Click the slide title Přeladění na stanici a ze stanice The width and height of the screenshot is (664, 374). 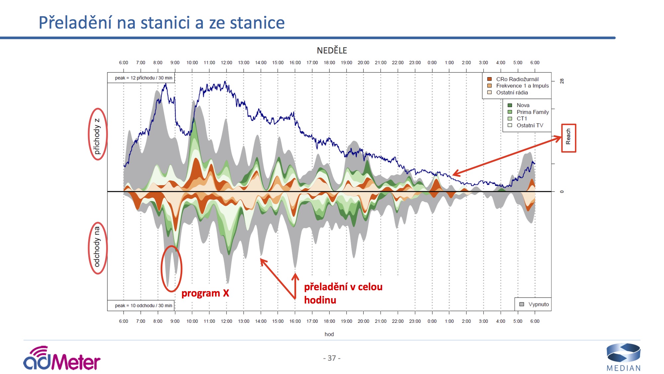coord(162,23)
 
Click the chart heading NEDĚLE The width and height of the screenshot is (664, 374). coord(332,51)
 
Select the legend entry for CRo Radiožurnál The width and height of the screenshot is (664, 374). coord(517,79)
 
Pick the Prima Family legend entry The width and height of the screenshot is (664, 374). coord(532,112)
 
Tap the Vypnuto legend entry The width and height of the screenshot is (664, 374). coord(538,304)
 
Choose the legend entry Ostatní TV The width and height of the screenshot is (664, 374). coord(530,125)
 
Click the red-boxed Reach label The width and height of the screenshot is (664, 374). coord(568,138)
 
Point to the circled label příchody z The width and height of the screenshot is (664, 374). coord(97,135)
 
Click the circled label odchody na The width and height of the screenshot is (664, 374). coord(97,247)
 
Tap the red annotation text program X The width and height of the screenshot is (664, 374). coord(205,293)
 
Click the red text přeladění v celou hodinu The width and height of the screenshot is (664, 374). coord(343,293)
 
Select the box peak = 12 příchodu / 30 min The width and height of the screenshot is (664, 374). coord(143,78)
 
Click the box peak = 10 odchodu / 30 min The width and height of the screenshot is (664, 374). coord(143,306)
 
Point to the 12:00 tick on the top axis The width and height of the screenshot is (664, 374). coord(226,62)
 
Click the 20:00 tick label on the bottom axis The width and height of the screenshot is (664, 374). coord(363,321)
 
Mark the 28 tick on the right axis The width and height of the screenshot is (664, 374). coord(562,81)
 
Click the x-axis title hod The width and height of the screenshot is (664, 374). coord(329,334)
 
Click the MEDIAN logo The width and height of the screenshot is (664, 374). coord(623,358)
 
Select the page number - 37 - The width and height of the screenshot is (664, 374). coord(332,358)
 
